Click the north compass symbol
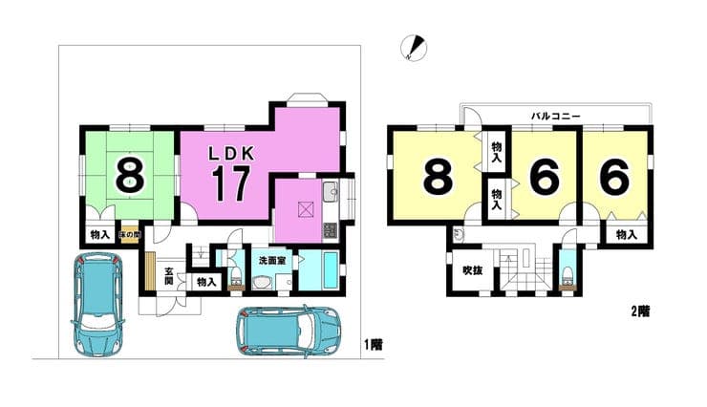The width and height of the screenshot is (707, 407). (414, 48)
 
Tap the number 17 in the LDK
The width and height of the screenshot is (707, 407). (231, 183)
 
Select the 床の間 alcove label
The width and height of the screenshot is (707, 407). (130, 235)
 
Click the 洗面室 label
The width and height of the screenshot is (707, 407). (272, 261)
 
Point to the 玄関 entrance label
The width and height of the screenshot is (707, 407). (169, 276)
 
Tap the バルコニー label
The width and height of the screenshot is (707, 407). (555, 116)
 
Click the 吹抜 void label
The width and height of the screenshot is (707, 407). (472, 270)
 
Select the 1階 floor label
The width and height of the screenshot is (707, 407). (374, 345)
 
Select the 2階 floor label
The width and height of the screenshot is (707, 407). (640, 311)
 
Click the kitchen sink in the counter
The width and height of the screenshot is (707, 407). (331, 192)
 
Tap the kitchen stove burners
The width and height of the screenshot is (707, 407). (331, 230)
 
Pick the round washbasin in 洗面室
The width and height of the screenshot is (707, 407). (262, 283)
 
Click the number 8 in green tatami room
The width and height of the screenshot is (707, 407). (130, 175)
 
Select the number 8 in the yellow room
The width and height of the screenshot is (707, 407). (438, 177)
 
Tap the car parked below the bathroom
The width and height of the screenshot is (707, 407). (289, 332)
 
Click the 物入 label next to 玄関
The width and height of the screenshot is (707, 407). (206, 282)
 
